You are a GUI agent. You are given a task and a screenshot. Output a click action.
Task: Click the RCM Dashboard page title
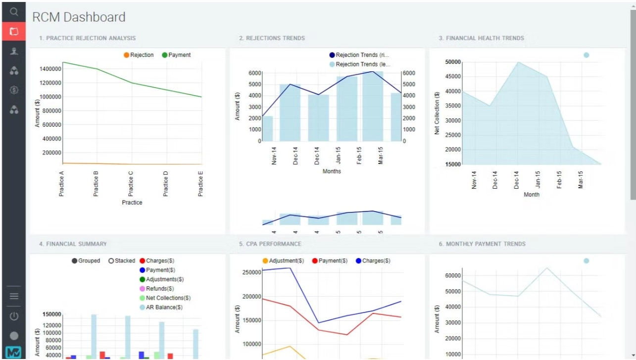tap(79, 17)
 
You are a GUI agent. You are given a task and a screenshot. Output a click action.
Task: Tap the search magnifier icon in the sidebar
tap(14, 11)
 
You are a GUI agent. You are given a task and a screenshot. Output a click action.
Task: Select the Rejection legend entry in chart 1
tap(139, 55)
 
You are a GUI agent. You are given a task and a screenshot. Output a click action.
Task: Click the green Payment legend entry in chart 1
tap(176, 55)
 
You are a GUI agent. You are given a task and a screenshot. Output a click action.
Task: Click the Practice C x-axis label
tap(131, 184)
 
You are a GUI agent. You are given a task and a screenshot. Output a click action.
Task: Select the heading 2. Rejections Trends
tap(272, 38)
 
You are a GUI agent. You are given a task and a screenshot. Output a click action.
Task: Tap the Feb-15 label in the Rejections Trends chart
tap(359, 155)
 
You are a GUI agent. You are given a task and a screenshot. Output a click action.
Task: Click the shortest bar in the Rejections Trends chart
tap(268, 128)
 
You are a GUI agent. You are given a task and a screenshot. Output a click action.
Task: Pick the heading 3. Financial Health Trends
tap(481, 38)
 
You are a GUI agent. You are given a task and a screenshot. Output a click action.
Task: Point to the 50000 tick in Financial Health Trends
tap(453, 62)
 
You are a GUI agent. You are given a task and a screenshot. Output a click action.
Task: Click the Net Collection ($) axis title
tap(437, 113)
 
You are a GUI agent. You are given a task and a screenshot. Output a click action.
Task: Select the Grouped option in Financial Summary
tap(86, 261)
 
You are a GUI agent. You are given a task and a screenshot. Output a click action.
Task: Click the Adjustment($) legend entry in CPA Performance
tap(283, 261)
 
